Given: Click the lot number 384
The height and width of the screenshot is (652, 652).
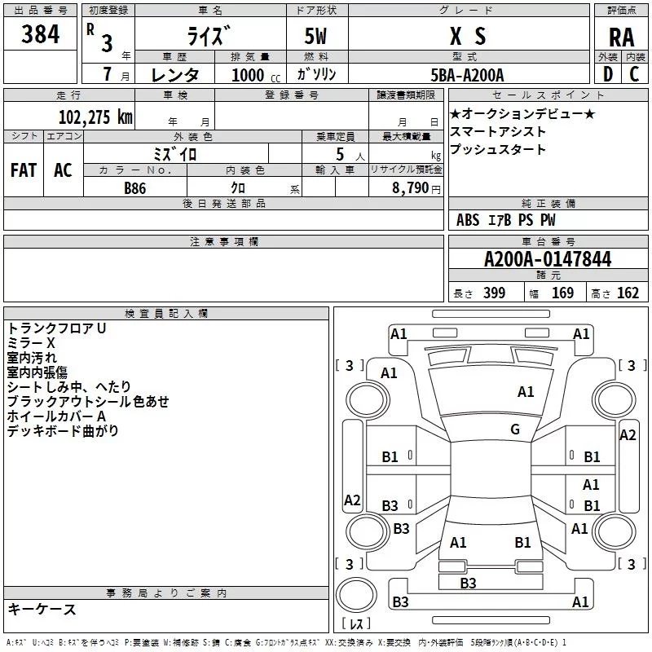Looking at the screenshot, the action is coord(40,34).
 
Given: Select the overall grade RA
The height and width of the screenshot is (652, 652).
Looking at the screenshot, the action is coord(621,37).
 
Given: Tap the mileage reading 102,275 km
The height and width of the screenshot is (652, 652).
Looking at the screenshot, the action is coord(95,117).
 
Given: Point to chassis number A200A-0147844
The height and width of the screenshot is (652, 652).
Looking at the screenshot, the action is coord(548,259).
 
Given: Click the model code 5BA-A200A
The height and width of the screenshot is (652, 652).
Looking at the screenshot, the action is coord(467,75).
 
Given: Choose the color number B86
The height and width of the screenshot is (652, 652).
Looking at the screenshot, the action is coord(135,188).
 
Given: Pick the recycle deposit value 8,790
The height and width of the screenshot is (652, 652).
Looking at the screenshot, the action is coord(410,188).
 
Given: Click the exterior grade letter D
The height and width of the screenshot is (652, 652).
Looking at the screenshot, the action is coord(608,74).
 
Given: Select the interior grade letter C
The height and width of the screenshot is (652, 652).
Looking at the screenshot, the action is coord(634,74).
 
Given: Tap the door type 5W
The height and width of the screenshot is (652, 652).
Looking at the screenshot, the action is coord(315,36).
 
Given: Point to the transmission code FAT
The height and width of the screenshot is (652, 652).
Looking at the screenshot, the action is coord(24,170).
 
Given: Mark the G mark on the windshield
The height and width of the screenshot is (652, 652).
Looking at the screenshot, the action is coord(515,430).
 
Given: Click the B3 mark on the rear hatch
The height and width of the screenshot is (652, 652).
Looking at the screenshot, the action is coord(468,583).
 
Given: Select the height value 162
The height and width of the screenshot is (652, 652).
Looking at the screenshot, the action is coord(628,293).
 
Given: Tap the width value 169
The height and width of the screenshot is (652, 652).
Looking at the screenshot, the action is coord(562,293).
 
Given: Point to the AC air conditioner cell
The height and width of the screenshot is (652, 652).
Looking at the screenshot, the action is coord(63,170).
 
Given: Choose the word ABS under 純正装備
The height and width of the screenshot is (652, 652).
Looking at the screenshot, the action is coord(468,220).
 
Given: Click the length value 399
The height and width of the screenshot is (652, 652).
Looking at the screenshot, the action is coord(494,293).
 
